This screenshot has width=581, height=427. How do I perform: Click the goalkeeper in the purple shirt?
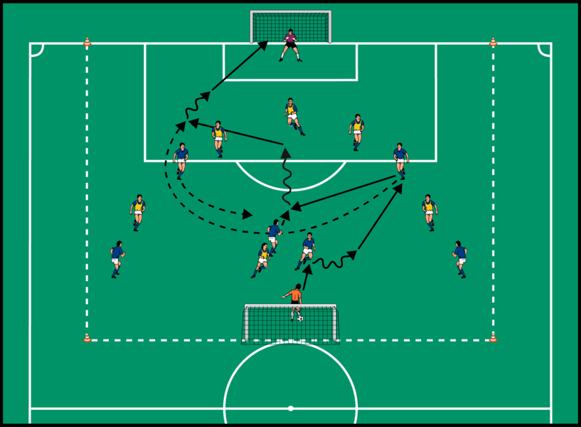290,45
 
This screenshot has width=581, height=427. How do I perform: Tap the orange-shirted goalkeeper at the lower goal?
294,298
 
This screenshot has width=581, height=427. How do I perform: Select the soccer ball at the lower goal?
300,318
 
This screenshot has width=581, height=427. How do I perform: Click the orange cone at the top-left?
87,43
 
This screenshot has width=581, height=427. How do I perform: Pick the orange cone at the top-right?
493,43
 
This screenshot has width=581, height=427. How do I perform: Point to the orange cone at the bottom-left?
87,338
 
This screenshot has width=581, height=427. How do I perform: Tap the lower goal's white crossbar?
290,306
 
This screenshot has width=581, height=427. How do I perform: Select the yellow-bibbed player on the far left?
137,212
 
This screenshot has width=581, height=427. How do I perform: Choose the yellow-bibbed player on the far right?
429,212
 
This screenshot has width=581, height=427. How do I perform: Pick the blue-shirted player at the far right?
460,258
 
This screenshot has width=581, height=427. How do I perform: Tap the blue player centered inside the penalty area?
292,116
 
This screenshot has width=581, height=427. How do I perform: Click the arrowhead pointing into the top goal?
263,45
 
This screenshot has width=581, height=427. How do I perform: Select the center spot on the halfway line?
290,408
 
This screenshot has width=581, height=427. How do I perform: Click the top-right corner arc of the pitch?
544,50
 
